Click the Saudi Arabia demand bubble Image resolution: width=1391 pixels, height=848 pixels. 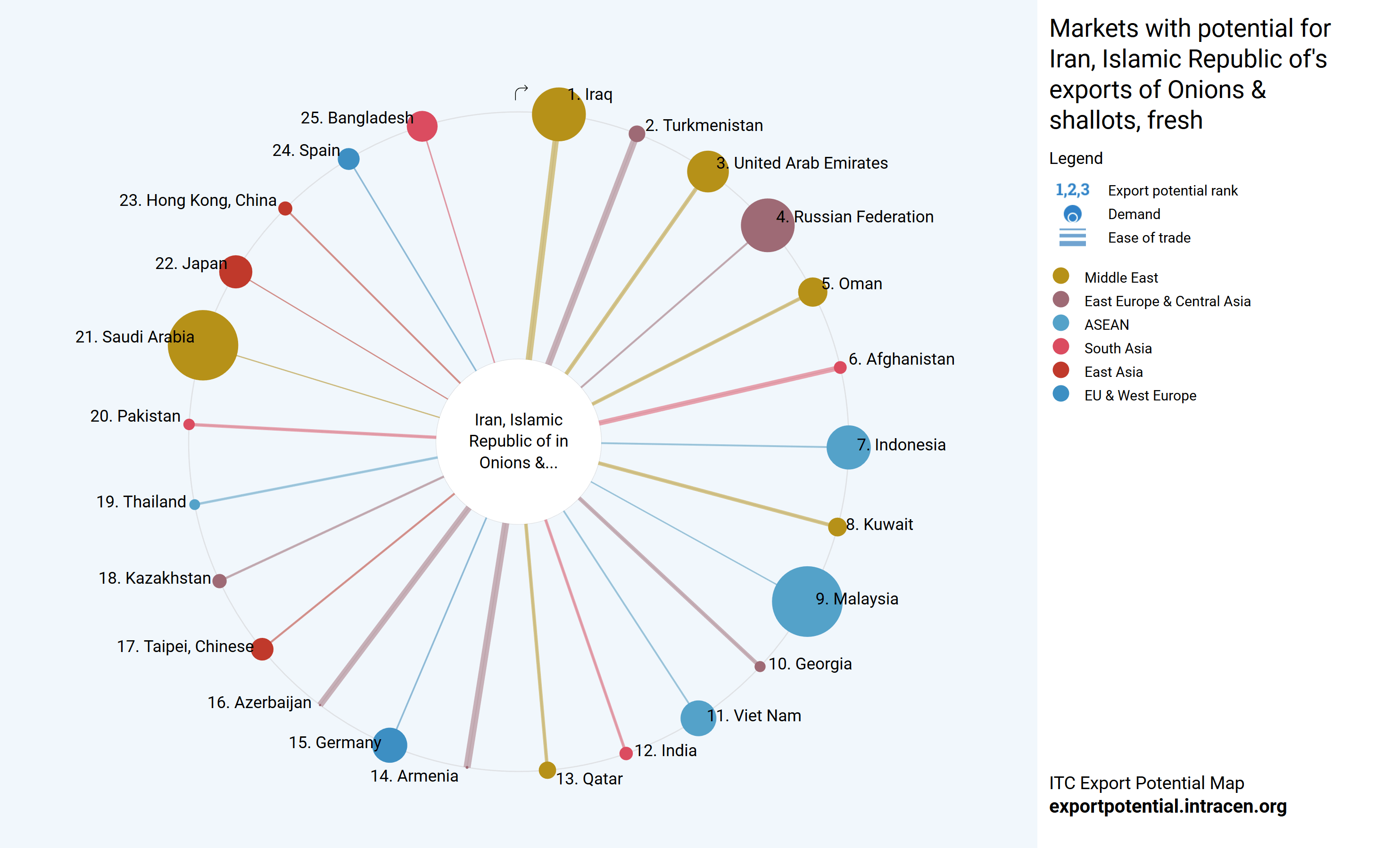pos(203,345)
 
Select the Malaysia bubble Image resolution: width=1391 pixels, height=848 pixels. pos(807,602)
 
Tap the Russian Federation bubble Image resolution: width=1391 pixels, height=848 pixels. pos(767,225)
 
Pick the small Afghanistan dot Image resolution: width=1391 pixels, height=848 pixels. pos(840,368)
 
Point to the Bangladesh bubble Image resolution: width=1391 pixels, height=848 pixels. pos(422,126)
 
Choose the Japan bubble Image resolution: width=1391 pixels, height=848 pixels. pos(235,271)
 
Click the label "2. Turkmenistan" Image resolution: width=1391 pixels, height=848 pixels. pos(704,125)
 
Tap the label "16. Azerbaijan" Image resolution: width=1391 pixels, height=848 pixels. pos(259,702)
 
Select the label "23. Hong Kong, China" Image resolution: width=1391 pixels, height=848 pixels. pos(198,200)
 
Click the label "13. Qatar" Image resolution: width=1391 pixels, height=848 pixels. pos(589,779)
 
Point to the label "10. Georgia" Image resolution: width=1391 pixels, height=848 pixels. pos(810,664)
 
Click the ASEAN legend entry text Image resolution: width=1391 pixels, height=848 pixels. pos(1107,325)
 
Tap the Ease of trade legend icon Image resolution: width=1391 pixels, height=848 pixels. pos(1072,237)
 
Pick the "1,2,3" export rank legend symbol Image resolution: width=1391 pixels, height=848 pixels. pos(1072,190)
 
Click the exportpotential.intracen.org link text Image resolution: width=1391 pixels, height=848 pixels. pos(1167,806)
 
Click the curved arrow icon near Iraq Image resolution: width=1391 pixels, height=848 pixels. pos(521,92)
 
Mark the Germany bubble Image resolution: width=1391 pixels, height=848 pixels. pos(389,745)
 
